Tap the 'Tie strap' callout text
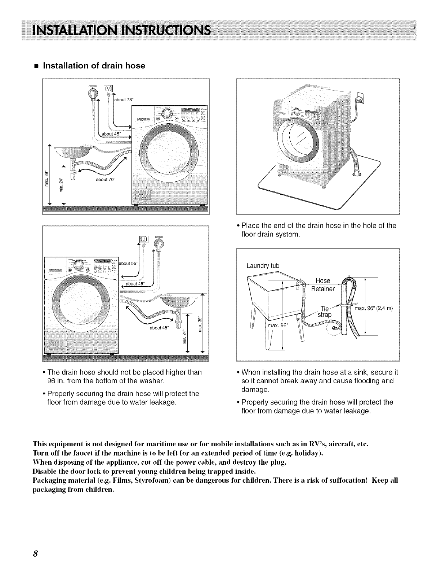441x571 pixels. coord(325,311)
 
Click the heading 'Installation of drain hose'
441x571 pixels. coord(94,66)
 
